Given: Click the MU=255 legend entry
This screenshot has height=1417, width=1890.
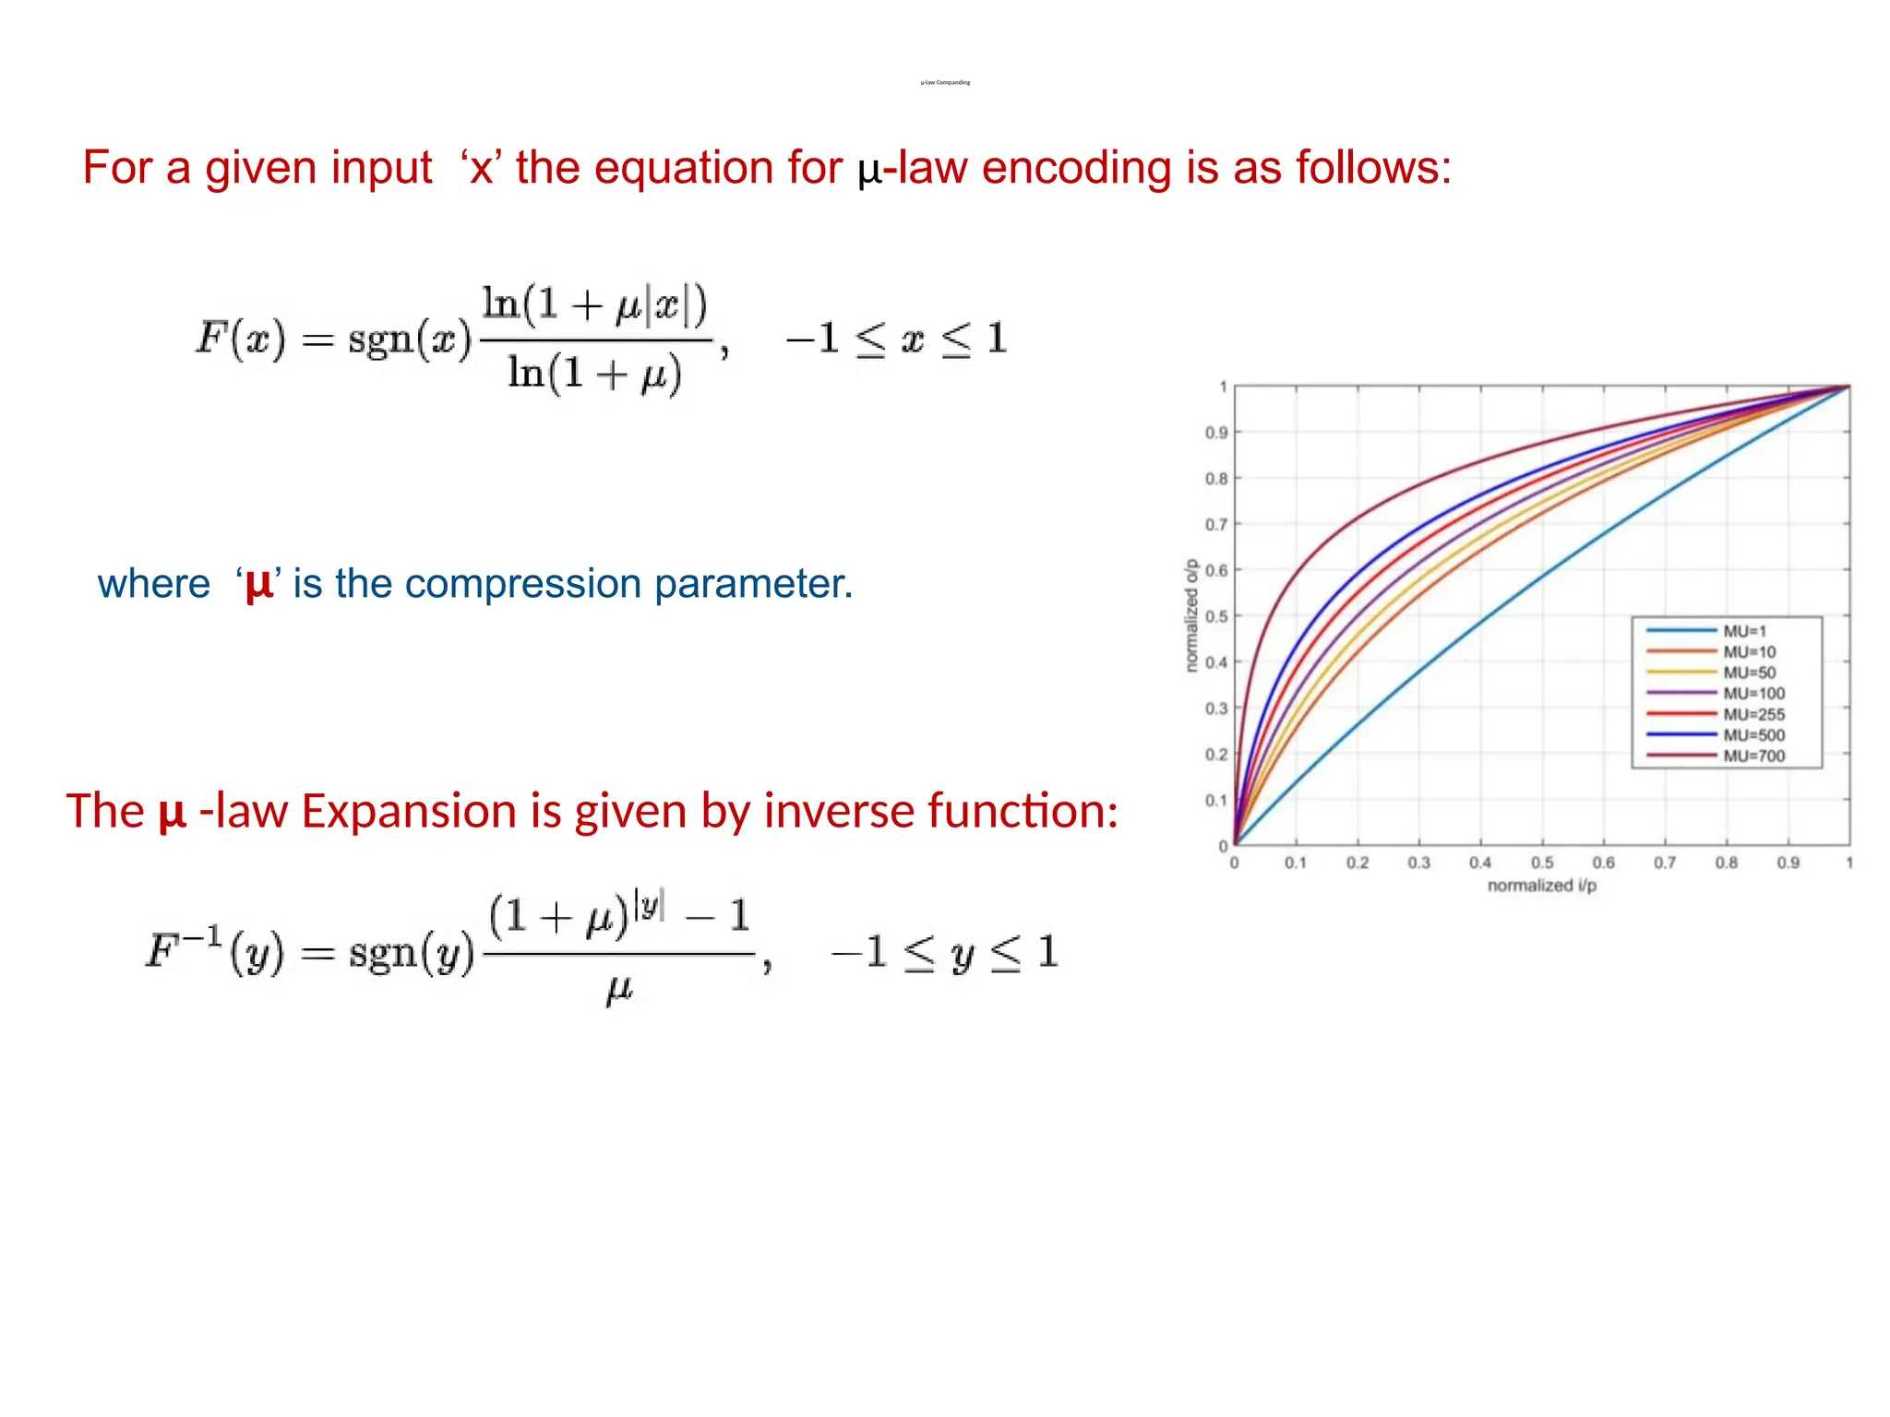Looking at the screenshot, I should coord(1753,714).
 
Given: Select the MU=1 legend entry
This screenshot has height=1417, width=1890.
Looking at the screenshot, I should coord(1744,631).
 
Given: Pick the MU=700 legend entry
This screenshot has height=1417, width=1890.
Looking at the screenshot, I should coord(1753,756).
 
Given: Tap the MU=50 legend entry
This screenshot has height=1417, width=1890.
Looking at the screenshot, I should coord(1749,673).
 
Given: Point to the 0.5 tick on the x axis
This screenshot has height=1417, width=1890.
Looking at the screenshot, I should coord(1542,863).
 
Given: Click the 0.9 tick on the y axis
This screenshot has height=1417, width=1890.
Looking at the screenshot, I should coord(1216,433).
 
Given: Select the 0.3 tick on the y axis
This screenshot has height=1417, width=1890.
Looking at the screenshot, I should coord(1216,708).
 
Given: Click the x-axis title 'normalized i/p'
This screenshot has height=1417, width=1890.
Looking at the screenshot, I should coord(1541,886).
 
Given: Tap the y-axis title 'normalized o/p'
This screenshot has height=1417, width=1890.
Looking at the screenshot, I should coord(1191,615).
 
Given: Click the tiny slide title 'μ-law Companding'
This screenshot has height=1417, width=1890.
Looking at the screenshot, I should coord(945,82).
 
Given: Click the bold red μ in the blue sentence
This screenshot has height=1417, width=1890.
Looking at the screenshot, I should coord(259,584).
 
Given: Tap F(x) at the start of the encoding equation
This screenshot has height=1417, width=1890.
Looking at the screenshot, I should coord(241,339).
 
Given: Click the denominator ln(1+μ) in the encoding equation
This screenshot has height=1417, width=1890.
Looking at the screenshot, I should coord(595,374).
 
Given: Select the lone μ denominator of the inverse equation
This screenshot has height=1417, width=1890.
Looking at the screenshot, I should coord(619,989).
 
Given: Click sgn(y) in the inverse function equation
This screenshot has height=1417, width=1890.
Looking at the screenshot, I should coord(412,953).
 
